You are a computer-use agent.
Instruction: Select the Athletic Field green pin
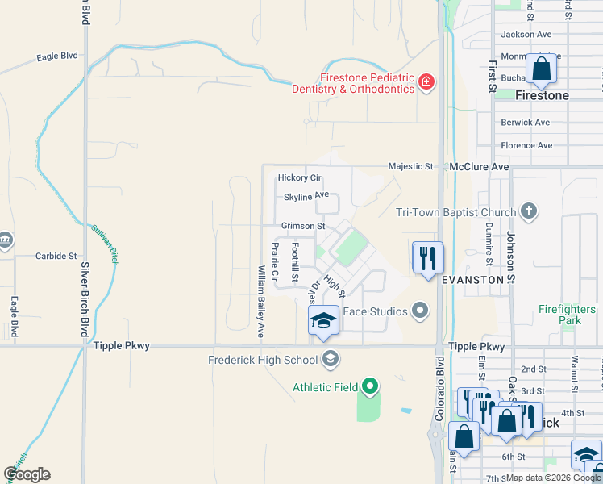click(369, 387)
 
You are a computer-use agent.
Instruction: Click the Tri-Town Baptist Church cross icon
click(528, 212)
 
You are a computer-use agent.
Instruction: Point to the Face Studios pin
click(419, 311)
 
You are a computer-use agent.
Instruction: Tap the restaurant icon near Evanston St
click(428, 258)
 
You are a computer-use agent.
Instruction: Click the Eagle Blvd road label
click(56, 57)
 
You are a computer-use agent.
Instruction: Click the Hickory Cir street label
click(299, 177)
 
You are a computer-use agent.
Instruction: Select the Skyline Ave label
click(306, 196)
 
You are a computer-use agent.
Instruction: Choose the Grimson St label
click(303, 227)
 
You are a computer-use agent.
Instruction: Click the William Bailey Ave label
click(260, 301)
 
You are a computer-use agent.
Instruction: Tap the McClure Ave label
click(480, 166)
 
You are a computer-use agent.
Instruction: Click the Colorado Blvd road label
click(439, 388)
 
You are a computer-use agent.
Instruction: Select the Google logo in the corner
click(27, 474)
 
